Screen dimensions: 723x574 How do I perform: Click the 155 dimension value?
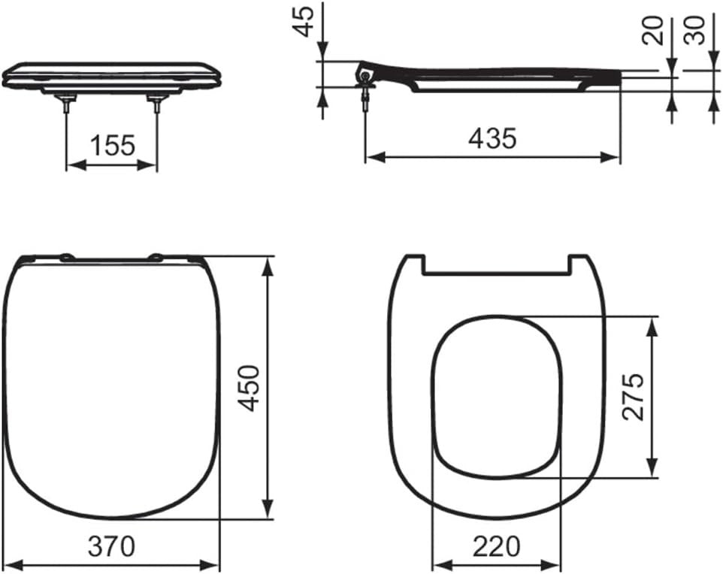click(x=113, y=145)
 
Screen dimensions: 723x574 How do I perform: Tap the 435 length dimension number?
click(x=492, y=138)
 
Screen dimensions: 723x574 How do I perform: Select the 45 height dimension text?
click(x=304, y=21)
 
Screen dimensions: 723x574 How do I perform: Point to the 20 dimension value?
click(x=653, y=31)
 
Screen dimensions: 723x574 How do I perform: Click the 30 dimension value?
click(x=694, y=31)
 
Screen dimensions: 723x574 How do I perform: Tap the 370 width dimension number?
click(x=111, y=546)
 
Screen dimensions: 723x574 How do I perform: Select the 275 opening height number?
click(x=633, y=397)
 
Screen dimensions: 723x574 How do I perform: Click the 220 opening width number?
click(x=496, y=546)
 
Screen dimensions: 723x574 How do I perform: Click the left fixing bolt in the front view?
click(x=68, y=103)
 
